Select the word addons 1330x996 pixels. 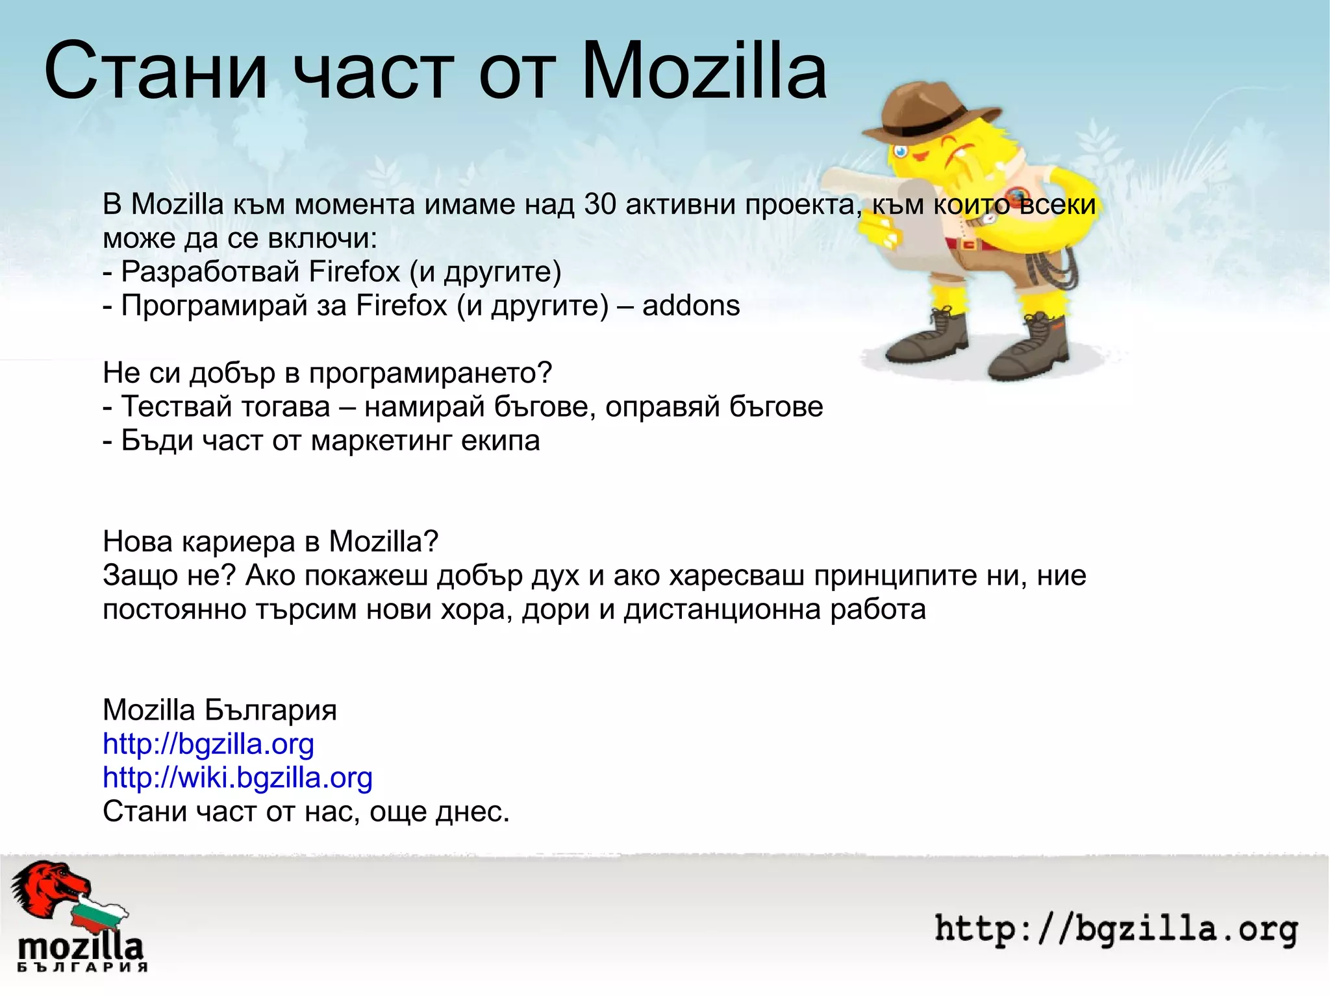(691, 306)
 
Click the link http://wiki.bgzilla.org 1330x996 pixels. (238, 777)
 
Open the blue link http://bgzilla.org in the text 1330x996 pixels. (208, 744)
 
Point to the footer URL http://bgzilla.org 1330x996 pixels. (1116, 929)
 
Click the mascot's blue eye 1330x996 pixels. (901, 152)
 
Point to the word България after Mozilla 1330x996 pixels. (271, 711)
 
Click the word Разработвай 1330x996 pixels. (211, 272)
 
